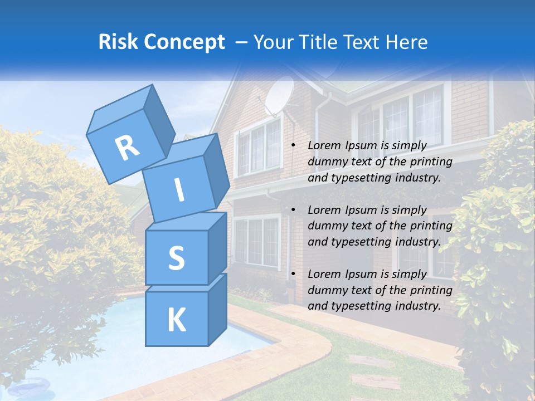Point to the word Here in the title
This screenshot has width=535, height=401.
(x=406, y=42)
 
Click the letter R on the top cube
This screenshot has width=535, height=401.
(x=127, y=148)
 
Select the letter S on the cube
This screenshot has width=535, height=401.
(x=176, y=258)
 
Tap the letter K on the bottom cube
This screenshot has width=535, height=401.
(x=176, y=320)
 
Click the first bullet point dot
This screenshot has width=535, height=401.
(x=293, y=146)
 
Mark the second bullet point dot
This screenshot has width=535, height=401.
(x=293, y=210)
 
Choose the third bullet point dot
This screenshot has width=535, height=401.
(x=293, y=274)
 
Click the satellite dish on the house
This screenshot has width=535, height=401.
(x=279, y=96)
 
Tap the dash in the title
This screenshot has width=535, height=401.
(x=242, y=42)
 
